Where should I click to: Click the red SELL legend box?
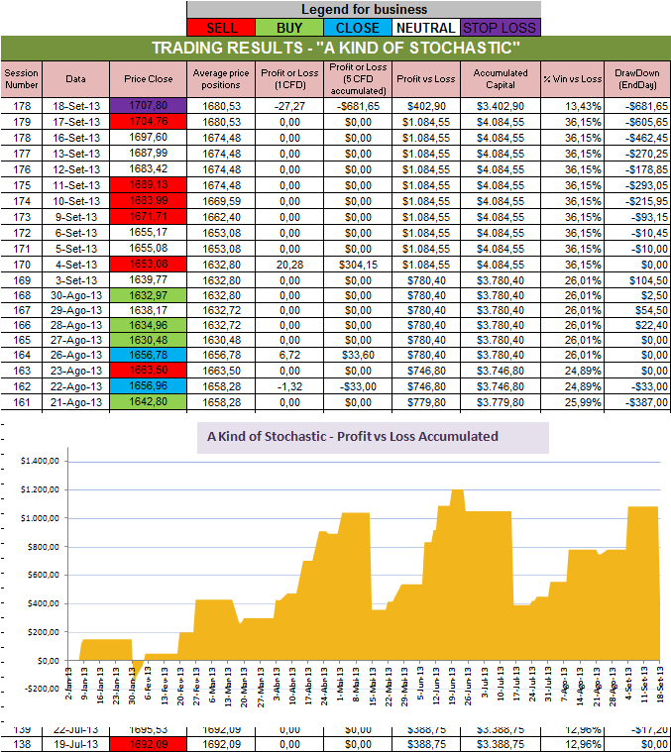coord(220,28)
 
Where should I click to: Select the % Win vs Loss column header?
coord(572,78)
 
